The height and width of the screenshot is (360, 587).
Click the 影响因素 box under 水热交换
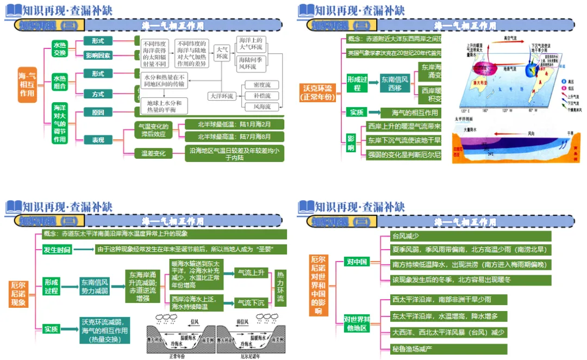pyautogui.click(x=98, y=55)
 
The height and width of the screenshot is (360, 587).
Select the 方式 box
pyautogui.click(x=98, y=94)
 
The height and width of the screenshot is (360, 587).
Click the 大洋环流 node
pyautogui.click(x=222, y=96)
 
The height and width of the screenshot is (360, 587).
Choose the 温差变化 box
pyautogui.click(x=154, y=153)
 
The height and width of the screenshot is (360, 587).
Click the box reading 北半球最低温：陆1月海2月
pyautogui.click(x=234, y=124)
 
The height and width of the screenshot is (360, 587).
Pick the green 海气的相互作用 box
pyautogui.click(x=409, y=113)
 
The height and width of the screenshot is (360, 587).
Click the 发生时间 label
pyautogui.click(x=57, y=250)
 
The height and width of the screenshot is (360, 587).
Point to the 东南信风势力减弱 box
pyautogui.click(x=95, y=287)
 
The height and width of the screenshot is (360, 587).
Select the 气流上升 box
pyautogui.click(x=251, y=273)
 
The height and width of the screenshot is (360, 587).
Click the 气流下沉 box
pyautogui.click(x=251, y=302)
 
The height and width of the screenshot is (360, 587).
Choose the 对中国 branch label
pyautogui.click(x=357, y=262)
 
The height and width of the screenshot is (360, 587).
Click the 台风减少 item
pyautogui.click(x=405, y=236)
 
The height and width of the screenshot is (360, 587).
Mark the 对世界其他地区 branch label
pyautogui.click(x=357, y=323)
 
